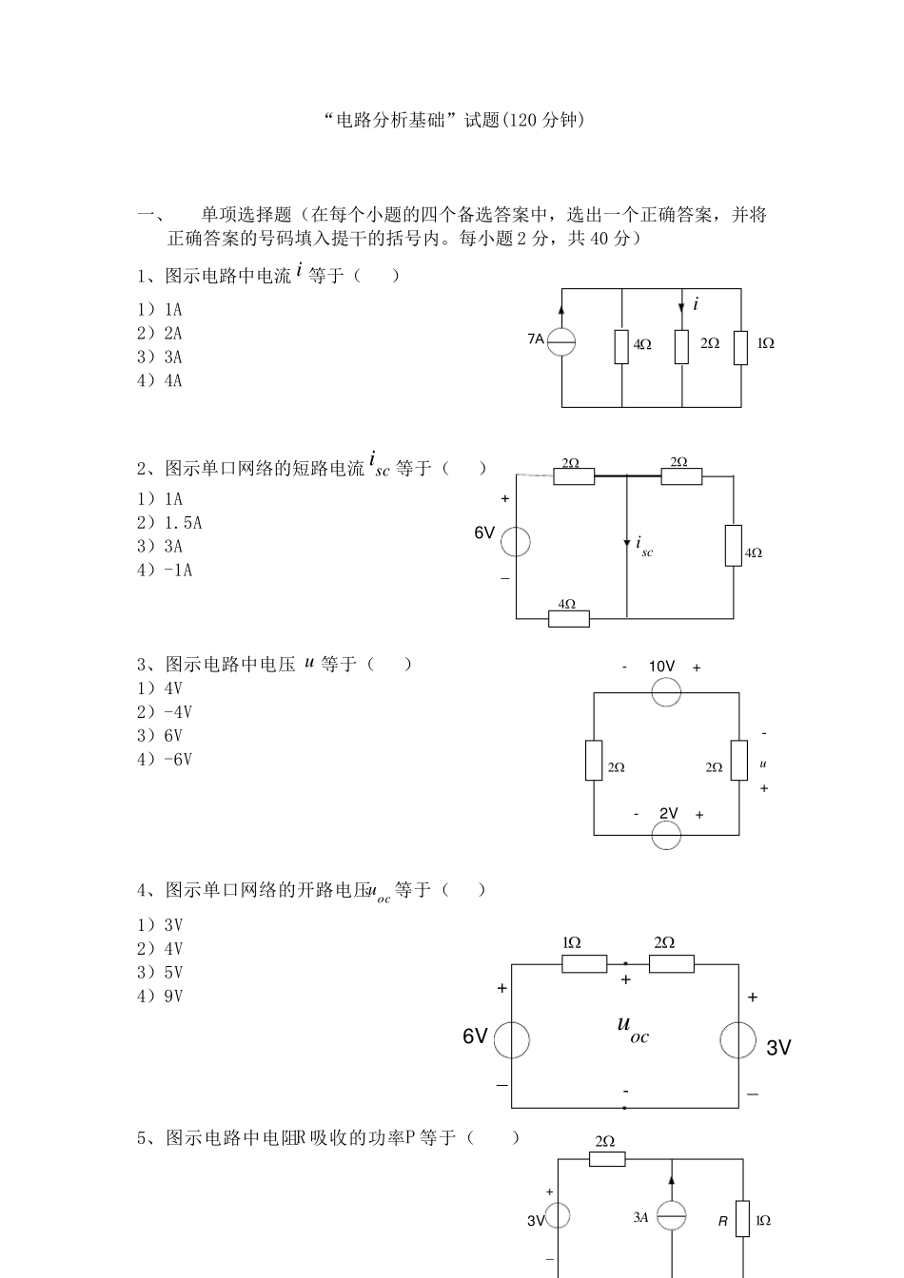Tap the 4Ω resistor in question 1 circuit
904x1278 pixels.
pyautogui.click(x=621, y=346)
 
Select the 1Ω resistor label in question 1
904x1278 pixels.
pyautogui.click(x=766, y=343)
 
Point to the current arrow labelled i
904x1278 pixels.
pyautogui.click(x=682, y=306)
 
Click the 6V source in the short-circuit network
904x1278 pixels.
pyautogui.click(x=516, y=542)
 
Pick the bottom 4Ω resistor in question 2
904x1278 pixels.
pyautogui.click(x=569, y=618)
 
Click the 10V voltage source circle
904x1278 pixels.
pyautogui.click(x=666, y=691)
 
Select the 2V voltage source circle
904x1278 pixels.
pyautogui.click(x=666, y=835)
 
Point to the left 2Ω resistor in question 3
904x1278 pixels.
pyautogui.click(x=594, y=761)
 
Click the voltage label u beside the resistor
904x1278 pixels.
pyautogui.click(x=763, y=764)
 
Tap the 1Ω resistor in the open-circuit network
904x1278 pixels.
pyautogui.click(x=584, y=964)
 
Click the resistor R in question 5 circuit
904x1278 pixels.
pyautogui.click(x=742, y=1220)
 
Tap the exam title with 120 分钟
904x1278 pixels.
pyautogui.click(x=451, y=121)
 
